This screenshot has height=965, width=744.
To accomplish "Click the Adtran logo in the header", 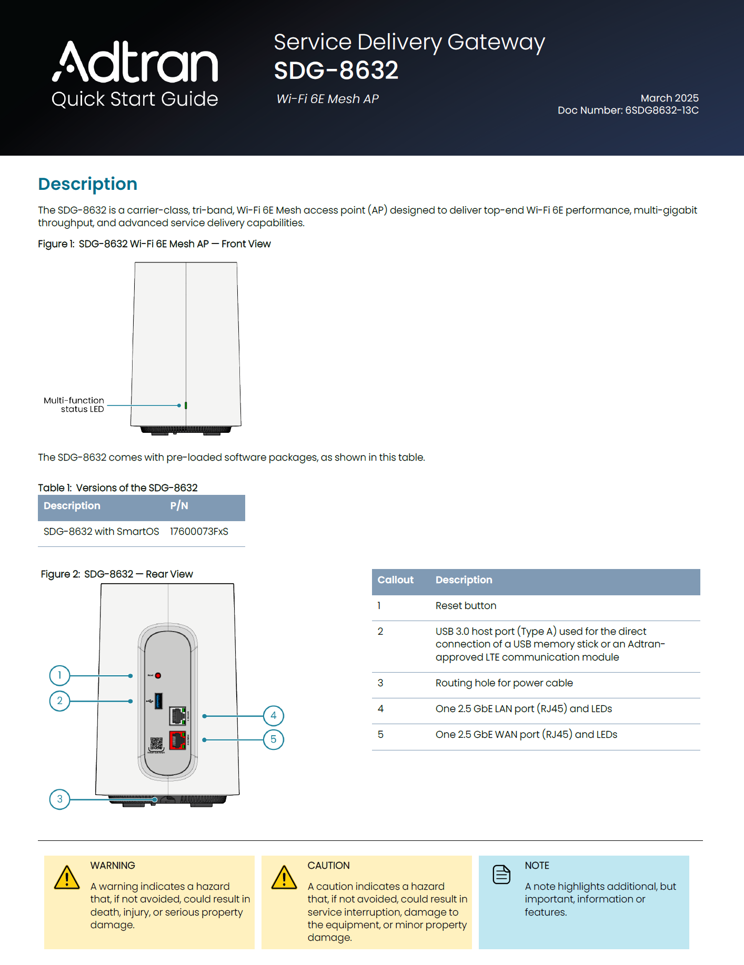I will [x=135, y=62].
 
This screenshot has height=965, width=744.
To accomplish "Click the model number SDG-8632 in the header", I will [x=336, y=70].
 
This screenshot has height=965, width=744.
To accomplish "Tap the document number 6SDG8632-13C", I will [x=661, y=110].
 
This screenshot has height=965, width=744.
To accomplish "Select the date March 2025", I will [x=669, y=98].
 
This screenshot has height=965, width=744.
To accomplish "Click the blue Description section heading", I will [x=87, y=184].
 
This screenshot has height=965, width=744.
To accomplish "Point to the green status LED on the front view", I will [x=186, y=405].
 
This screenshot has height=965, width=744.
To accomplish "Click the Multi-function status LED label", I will [x=74, y=404].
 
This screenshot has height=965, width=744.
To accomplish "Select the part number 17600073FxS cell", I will [x=199, y=532].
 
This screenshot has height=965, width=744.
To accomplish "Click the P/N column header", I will [x=179, y=506].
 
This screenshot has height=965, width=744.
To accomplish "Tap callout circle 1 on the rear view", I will [x=59, y=675].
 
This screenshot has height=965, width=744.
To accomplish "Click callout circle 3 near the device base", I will [x=59, y=799].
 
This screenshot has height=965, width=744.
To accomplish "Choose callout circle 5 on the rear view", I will [x=273, y=739].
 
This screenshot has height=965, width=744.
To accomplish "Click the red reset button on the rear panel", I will [x=158, y=675].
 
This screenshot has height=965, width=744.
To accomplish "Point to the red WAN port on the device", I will [x=177, y=740].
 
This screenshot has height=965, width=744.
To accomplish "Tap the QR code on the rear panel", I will [x=156, y=744].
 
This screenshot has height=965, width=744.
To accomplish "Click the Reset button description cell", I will [x=466, y=606].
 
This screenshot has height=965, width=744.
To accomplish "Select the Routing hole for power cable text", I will [x=504, y=683].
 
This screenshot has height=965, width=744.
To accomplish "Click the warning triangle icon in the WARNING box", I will [x=67, y=878].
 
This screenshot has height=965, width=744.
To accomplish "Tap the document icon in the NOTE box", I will [x=501, y=875].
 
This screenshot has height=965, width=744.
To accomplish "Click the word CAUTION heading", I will [x=328, y=866].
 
